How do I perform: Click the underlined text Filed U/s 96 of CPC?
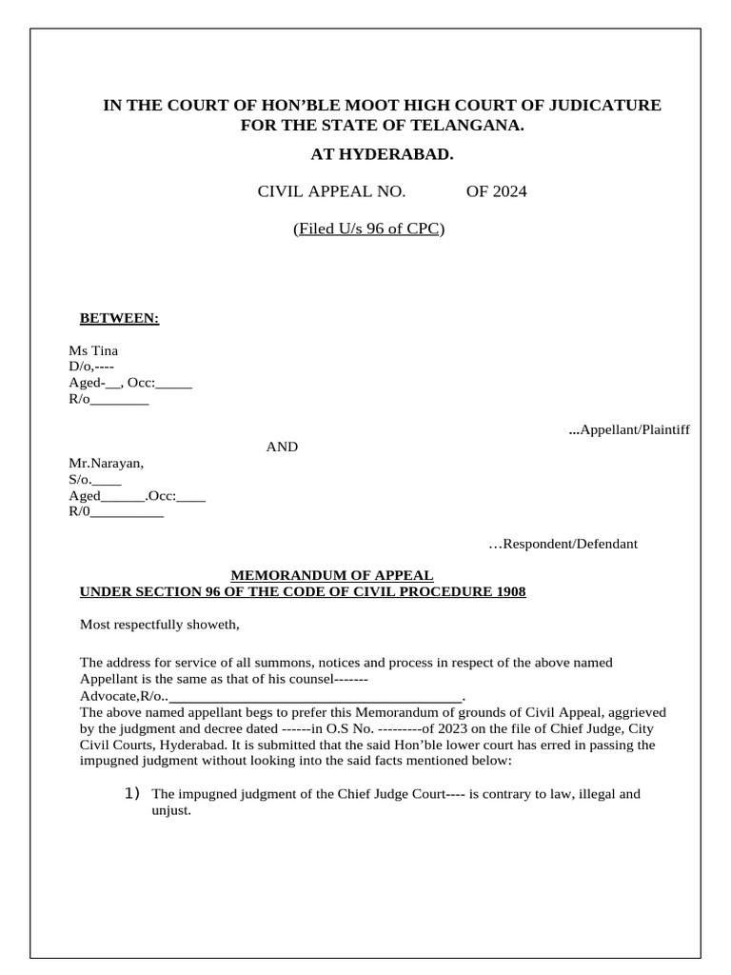(x=368, y=229)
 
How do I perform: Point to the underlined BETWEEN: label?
(x=119, y=318)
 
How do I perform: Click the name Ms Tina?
(x=93, y=350)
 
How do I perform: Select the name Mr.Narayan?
(x=106, y=464)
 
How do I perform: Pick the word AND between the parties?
(x=282, y=447)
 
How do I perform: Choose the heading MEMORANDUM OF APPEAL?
(x=333, y=575)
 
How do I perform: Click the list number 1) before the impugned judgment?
(x=132, y=793)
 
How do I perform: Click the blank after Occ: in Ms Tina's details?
(x=173, y=384)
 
